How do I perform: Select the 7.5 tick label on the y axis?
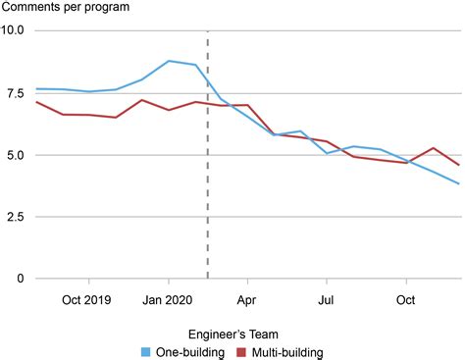click(x=16, y=93)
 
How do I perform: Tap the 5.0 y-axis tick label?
click(x=16, y=155)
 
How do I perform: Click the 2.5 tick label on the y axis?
click(x=16, y=217)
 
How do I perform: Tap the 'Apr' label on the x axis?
click(x=246, y=299)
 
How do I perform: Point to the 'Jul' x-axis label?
click(x=326, y=299)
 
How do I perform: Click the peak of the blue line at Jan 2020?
click(x=170, y=61)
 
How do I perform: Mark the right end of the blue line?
click(x=458, y=183)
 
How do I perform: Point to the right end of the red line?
click(x=458, y=164)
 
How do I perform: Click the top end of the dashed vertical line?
click(x=207, y=31)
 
